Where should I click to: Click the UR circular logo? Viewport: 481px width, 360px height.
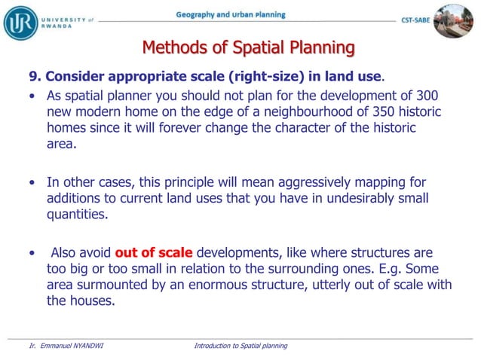(x=20, y=21)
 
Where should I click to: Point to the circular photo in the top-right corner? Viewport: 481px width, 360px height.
(x=454, y=20)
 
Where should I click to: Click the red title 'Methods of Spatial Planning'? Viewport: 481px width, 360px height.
(x=248, y=48)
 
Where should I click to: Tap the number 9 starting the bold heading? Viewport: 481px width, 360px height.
(x=32, y=77)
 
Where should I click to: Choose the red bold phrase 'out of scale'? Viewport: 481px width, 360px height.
(x=154, y=252)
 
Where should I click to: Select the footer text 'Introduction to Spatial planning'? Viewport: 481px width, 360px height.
(x=240, y=346)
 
